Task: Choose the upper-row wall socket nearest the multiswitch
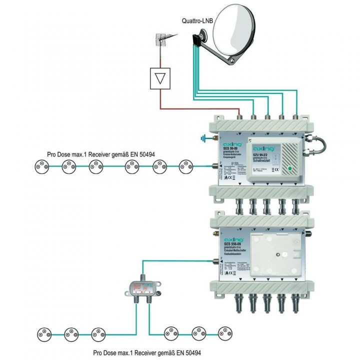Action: (x=186, y=166)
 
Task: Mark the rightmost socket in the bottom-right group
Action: (x=224, y=332)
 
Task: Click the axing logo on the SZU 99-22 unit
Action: (x=262, y=148)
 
